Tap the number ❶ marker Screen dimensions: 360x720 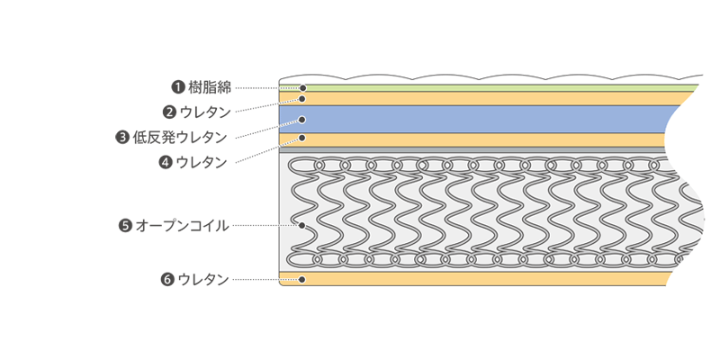point(178,87)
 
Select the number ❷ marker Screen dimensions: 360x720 point(169,112)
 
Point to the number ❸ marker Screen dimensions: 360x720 point(122,138)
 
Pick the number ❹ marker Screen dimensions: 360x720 point(166,163)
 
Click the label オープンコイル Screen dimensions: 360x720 point(182,225)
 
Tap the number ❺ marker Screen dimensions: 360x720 point(125,225)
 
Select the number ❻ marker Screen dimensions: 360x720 point(167,279)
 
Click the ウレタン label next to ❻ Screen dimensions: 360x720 point(203,279)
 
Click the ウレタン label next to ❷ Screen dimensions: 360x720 point(205,112)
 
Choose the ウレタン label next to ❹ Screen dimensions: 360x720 point(202,163)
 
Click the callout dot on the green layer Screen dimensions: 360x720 point(302,88)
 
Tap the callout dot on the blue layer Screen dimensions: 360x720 point(302,119)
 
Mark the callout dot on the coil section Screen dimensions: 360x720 point(302,225)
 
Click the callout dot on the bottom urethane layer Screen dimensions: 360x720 point(302,279)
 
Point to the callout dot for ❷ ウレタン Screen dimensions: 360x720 point(302,98)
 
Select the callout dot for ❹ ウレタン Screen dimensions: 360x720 point(302,139)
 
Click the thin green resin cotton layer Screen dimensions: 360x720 point(495,87)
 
